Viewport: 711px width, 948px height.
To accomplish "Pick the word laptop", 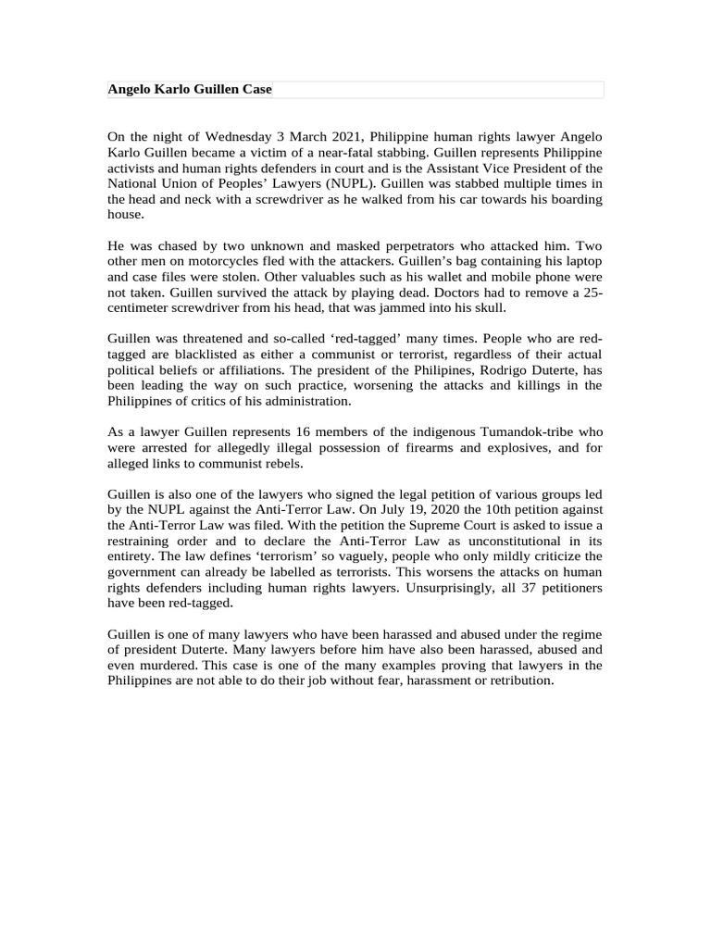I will [581, 262].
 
